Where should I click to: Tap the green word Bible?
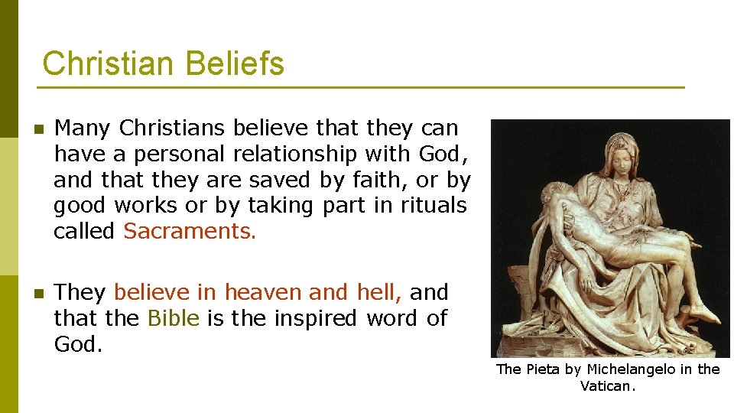[x=173, y=318]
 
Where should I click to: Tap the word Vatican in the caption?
[x=606, y=386]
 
